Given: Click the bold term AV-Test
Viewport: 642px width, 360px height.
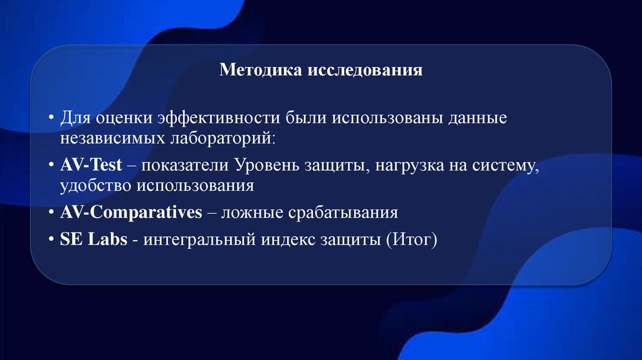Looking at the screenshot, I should (x=92, y=166).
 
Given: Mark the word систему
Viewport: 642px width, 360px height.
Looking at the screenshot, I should (x=508, y=166).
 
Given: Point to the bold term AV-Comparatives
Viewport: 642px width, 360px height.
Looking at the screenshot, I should (x=131, y=213).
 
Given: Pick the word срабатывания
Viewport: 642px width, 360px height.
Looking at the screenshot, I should (x=343, y=213).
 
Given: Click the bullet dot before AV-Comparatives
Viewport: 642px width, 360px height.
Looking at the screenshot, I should (x=51, y=213).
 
